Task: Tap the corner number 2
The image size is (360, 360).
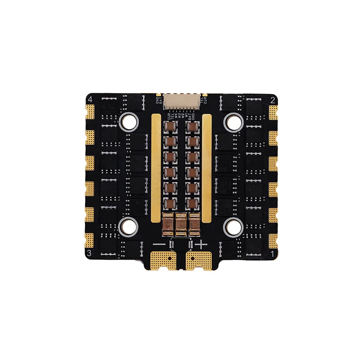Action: (272, 99)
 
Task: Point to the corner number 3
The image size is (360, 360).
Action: (90, 253)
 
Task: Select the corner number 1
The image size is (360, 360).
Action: (272, 254)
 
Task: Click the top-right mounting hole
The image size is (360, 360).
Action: (233, 120)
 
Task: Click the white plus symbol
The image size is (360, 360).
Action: (201, 244)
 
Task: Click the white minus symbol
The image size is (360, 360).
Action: (159, 244)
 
